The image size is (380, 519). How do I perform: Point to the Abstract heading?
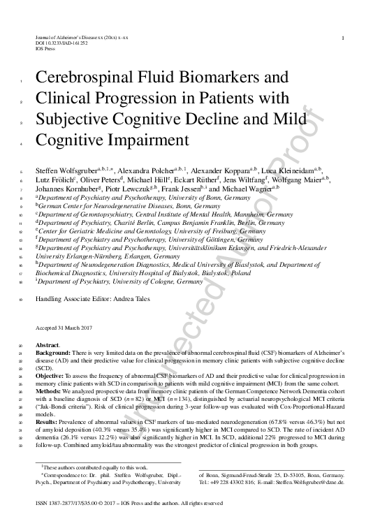pyautogui.click(x=47, y=344)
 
